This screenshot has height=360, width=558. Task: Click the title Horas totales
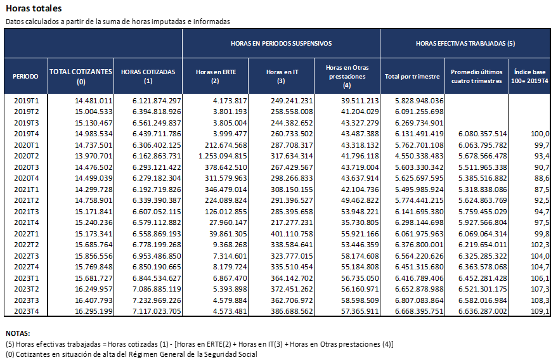[x=34, y=8]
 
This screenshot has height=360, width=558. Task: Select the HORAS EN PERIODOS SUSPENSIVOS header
[x=281, y=43]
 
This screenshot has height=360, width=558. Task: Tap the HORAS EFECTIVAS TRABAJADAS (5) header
[x=465, y=43]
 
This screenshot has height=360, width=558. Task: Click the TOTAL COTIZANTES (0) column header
[x=81, y=77]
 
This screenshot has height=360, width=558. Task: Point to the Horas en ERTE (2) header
[x=216, y=77]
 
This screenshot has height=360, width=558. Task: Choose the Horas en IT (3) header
[x=282, y=77]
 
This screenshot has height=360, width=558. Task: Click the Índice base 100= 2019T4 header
[x=529, y=77]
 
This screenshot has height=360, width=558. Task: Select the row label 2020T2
[x=26, y=156]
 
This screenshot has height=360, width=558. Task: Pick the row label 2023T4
[x=26, y=311]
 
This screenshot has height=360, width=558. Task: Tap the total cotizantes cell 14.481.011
[x=93, y=101]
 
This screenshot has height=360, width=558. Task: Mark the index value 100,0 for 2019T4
[x=540, y=134]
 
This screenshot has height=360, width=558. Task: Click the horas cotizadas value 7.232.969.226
[x=157, y=300]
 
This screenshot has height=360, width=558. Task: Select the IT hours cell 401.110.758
[x=292, y=234]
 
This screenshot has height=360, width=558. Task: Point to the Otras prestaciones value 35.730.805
[x=360, y=222]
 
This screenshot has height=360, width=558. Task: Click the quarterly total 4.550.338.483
[x=419, y=156]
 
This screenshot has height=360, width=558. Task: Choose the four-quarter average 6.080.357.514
[x=483, y=134]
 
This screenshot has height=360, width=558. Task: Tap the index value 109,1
[x=540, y=311]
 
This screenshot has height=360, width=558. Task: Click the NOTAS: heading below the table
[x=18, y=333]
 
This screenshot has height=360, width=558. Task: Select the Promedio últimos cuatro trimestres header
[x=476, y=77]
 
